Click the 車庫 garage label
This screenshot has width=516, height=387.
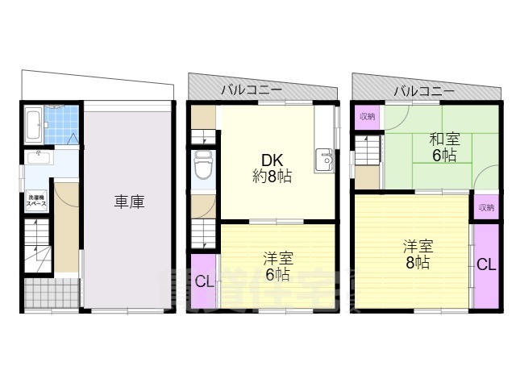[x=129, y=202]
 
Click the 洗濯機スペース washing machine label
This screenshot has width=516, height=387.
[x=37, y=199]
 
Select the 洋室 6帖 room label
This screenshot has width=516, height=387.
[x=278, y=266]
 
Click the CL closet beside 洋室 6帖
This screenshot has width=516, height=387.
[x=204, y=281]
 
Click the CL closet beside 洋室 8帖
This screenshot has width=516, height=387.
[x=486, y=264]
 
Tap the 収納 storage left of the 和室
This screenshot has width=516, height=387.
[x=367, y=117]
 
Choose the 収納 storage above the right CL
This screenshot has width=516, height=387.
[x=485, y=207]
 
